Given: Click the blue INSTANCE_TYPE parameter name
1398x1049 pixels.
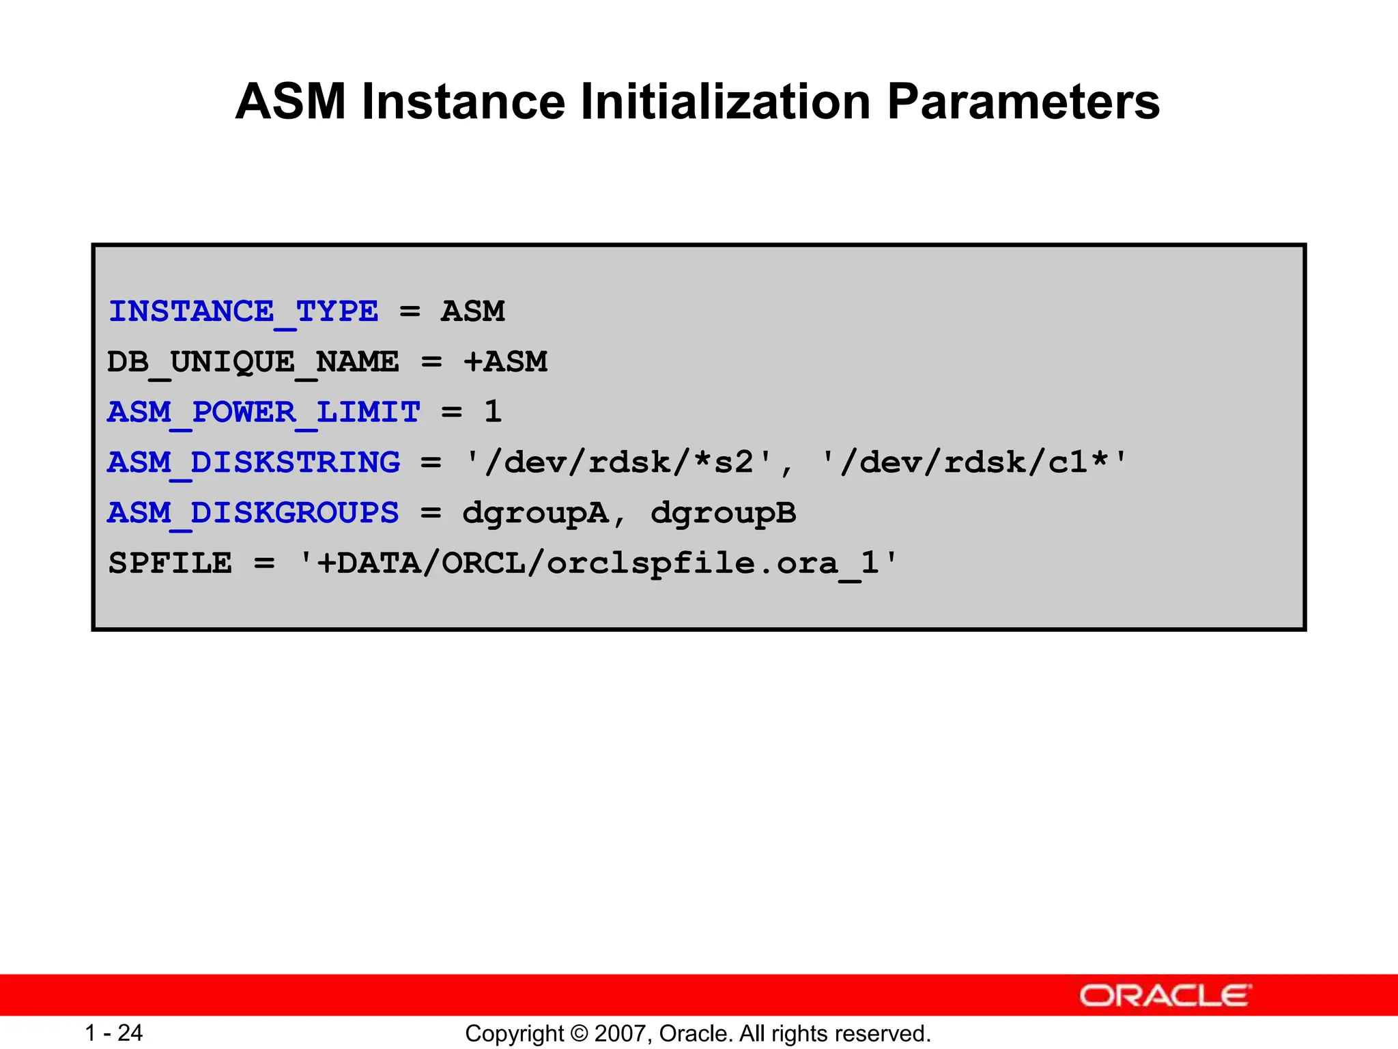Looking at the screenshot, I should click(x=243, y=312).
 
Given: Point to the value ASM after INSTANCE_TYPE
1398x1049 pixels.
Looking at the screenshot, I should click(x=472, y=312).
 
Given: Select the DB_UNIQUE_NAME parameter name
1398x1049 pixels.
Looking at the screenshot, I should click(x=253, y=362).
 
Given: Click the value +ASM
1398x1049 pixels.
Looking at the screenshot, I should click(x=505, y=362).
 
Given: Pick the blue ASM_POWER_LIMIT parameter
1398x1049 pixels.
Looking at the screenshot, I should click(x=263, y=412).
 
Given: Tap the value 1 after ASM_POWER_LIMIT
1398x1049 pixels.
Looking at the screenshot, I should click(x=493, y=412).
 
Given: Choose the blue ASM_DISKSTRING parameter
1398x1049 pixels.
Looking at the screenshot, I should click(x=253, y=463).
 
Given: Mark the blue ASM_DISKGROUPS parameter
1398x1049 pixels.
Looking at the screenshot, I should click(x=253, y=513).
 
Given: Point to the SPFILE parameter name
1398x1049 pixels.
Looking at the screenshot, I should click(x=170, y=563).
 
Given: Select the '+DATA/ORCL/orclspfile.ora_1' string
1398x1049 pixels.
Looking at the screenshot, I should click(x=599, y=564).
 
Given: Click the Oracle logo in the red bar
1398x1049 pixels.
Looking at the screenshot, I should click(x=1165, y=996).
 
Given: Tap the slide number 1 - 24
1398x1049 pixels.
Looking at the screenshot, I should click(x=113, y=1033).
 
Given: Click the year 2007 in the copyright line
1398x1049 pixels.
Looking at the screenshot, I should click(x=616, y=1033).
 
